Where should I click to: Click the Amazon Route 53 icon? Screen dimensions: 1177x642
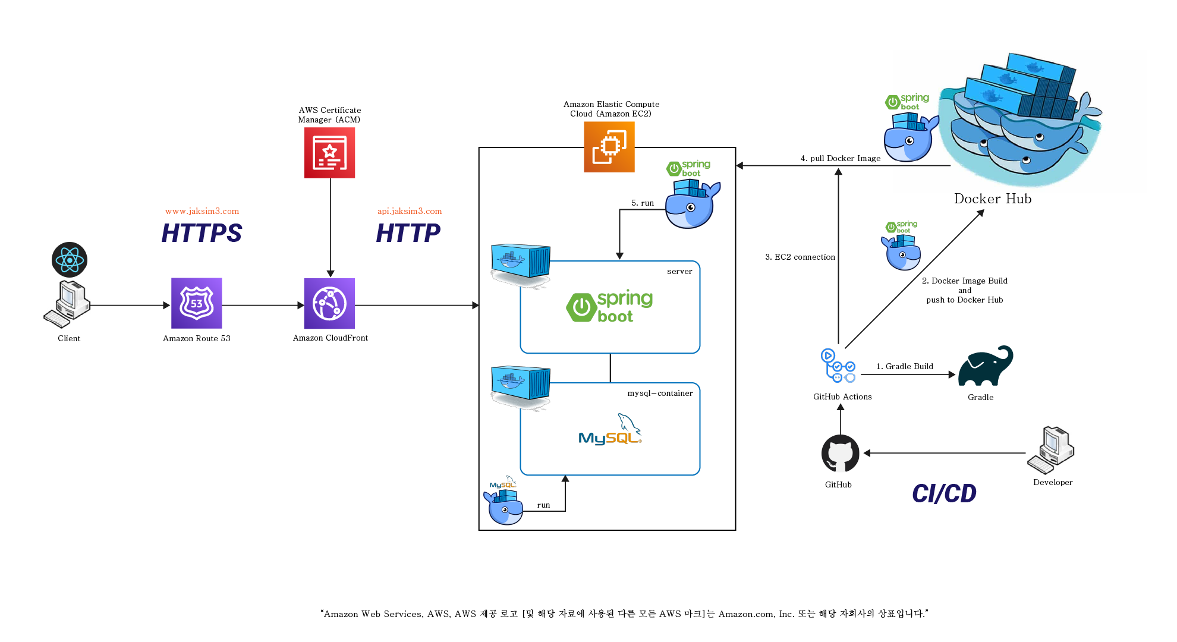[197, 303]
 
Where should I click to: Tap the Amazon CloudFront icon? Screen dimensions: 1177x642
[329, 303]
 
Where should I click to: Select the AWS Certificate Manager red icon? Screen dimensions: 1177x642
[330, 153]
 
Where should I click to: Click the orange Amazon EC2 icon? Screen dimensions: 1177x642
[609, 147]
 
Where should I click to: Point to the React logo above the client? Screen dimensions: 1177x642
[70, 260]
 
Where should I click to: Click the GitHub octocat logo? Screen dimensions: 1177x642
[841, 454]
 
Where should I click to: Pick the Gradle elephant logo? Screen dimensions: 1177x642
[986, 366]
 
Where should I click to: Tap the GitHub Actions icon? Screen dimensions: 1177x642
[838, 366]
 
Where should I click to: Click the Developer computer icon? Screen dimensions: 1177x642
[1051, 450]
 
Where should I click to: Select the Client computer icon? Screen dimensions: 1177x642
[67, 304]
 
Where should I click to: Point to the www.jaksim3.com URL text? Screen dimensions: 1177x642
[202, 211]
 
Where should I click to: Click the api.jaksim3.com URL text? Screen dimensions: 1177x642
[410, 211]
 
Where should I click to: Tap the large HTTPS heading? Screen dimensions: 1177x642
[202, 233]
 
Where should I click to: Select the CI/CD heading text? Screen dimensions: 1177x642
[945, 493]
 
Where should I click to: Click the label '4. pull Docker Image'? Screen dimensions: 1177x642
[841, 158]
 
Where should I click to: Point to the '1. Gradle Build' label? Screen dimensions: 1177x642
[905, 366]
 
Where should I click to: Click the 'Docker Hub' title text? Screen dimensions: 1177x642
[993, 199]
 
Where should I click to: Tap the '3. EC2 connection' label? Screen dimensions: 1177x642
[800, 257]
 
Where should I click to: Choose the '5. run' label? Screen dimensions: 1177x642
[643, 203]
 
